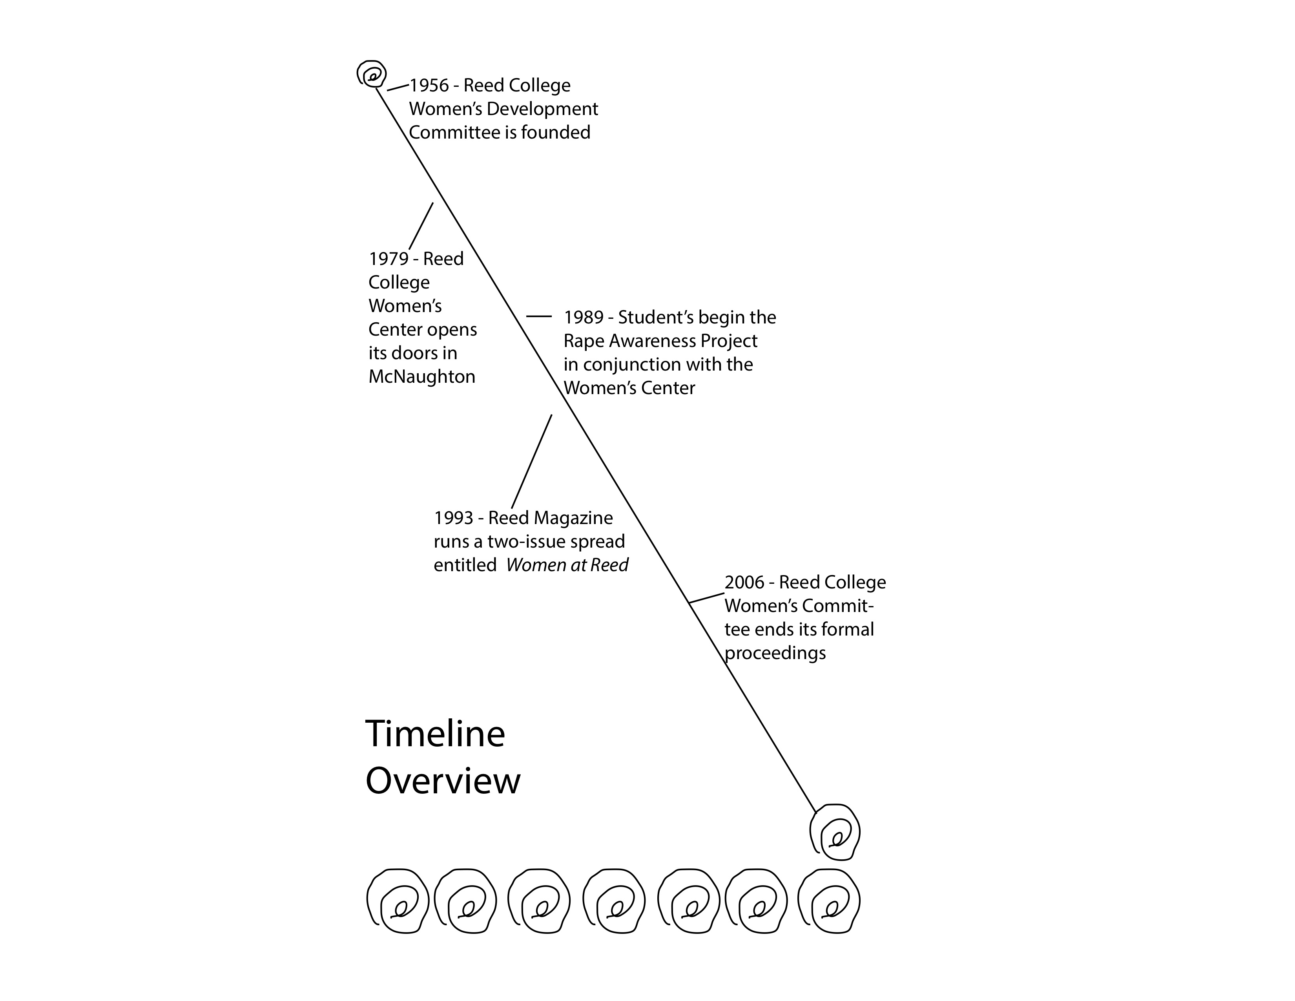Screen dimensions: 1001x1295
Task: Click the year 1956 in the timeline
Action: (x=429, y=86)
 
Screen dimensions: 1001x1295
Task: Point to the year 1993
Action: (x=453, y=518)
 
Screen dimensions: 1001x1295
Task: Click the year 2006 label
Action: (x=744, y=582)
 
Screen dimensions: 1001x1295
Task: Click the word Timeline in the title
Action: (x=435, y=734)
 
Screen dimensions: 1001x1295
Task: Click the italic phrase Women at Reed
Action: (x=567, y=565)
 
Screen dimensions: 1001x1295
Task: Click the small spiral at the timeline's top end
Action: (x=372, y=75)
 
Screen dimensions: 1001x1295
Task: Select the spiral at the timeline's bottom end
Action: (x=835, y=832)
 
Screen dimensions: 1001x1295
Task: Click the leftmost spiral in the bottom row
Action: (x=397, y=901)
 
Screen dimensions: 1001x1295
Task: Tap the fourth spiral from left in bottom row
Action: (x=614, y=901)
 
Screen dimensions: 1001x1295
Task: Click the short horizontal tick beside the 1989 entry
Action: (x=538, y=317)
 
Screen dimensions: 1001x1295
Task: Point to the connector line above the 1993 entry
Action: (x=531, y=461)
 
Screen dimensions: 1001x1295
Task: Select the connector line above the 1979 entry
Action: (x=421, y=225)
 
